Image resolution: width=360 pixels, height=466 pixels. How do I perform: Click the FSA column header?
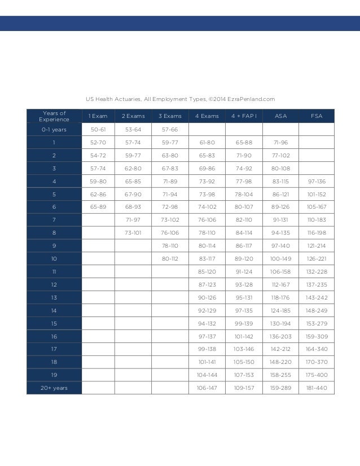pyautogui.click(x=317, y=116)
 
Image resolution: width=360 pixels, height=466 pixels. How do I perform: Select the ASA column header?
pyautogui.click(x=280, y=116)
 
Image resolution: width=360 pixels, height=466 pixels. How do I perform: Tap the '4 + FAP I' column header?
pyautogui.click(x=244, y=116)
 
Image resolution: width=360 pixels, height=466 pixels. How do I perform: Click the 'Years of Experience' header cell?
pyautogui.click(x=54, y=116)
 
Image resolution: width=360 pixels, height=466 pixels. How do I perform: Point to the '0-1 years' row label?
pyautogui.click(x=54, y=129)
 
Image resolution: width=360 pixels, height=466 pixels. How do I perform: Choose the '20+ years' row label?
pyautogui.click(x=54, y=388)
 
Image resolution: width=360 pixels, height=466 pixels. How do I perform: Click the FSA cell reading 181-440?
pyautogui.click(x=317, y=388)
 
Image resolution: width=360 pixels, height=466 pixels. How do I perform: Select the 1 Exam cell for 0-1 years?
pyautogui.click(x=98, y=129)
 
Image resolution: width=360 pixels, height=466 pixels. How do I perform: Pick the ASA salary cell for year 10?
pyautogui.click(x=280, y=258)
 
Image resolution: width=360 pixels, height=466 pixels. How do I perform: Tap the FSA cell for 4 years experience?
pyautogui.click(x=317, y=181)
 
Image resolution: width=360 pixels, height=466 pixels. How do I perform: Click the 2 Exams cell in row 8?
pyautogui.click(x=134, y=232)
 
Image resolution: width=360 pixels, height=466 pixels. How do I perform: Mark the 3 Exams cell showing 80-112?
pyautogui.click(x=170, y=258)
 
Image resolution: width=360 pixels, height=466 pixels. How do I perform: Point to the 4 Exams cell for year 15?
pyautogui.click(x=207, y=323)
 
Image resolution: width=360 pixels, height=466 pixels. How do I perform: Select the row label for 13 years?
pyautogui.click(x=54, y=297)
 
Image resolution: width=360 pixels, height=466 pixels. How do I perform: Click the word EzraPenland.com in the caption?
pyautogui.click(x=252, y=99)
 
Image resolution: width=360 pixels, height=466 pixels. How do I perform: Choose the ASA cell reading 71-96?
pyautogui.click(x=280, y=142)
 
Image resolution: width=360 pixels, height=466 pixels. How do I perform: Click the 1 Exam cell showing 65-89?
pyautogui.click(x=98, y=207)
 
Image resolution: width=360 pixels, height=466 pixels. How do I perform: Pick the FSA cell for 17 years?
pyautogui.click(x=317, y=349)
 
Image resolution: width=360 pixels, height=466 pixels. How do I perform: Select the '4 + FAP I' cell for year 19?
pyautogui.click(x=244, y=375)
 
